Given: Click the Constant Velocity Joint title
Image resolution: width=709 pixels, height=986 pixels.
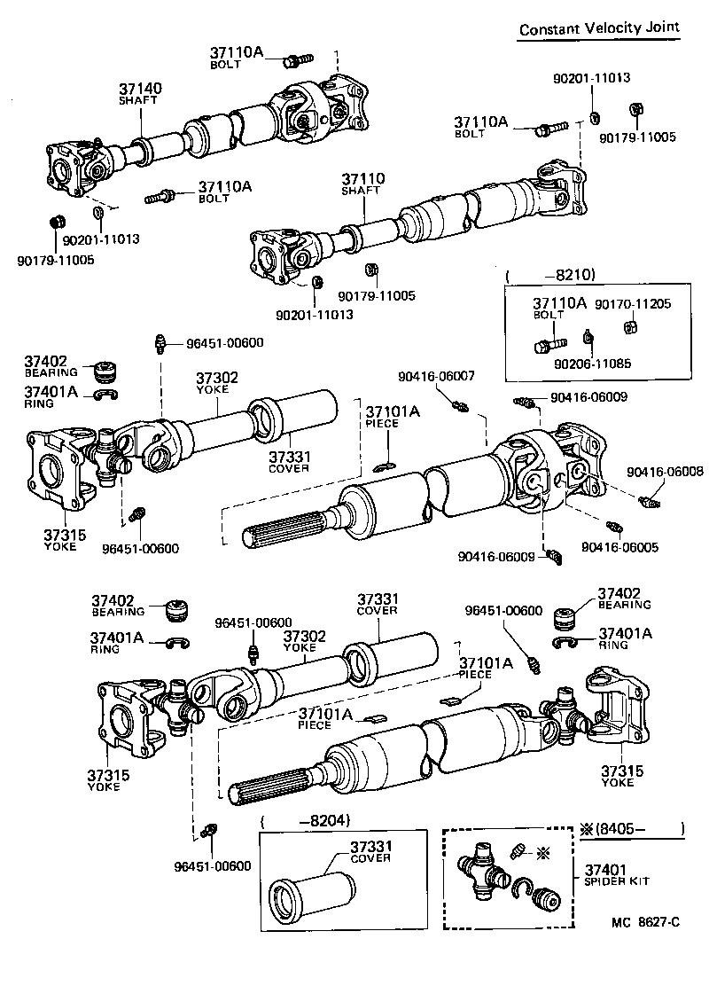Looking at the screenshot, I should (599, 28).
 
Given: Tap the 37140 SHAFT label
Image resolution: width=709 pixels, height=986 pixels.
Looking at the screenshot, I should (140, 94).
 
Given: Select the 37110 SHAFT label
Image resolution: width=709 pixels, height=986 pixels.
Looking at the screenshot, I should (363, 184).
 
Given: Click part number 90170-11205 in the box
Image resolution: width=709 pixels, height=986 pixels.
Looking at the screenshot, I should (632, 303).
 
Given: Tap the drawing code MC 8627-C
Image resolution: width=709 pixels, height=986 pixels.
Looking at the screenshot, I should (644, 922).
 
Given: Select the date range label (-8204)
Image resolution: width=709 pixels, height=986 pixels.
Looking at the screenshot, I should (307, 821).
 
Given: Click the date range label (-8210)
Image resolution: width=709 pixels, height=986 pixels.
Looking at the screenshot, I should (549, 274).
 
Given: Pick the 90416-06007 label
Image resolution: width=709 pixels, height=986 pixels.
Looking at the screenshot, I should (436, 376).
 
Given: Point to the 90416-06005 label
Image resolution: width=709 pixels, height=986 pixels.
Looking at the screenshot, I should (619, 547).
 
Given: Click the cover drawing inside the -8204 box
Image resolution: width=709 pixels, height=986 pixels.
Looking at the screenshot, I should (301, 891).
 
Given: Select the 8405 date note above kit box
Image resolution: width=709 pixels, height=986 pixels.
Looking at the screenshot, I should (630, 832).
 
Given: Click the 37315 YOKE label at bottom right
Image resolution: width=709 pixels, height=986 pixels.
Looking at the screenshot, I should (617, 777).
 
